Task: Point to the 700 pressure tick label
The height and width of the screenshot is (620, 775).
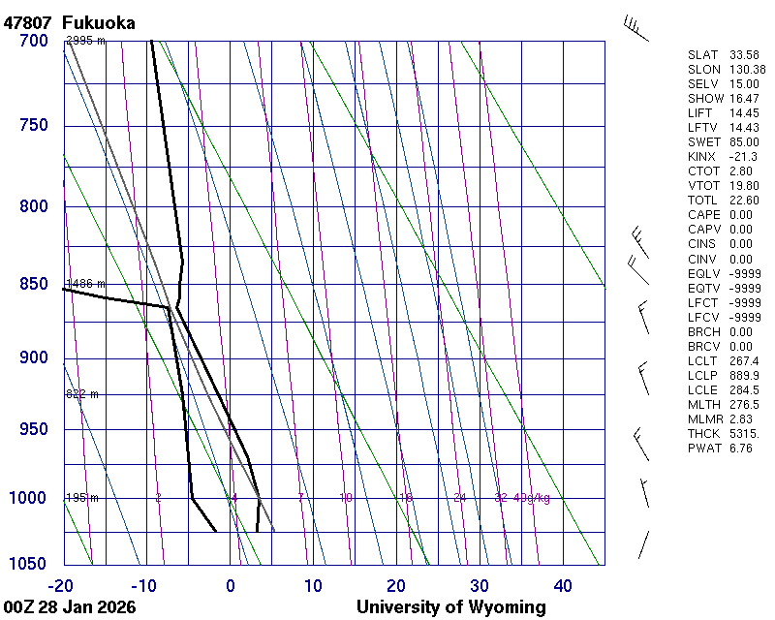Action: coord(33,41)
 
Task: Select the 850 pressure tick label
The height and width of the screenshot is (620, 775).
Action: coord(33,284)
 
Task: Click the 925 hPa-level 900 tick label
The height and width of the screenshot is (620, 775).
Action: coord(33,357)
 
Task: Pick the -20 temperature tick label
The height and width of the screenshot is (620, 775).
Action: coord(61,585)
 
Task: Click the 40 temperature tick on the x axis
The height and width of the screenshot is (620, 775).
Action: coord(563,585)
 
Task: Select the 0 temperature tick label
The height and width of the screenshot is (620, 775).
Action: coord(231,585)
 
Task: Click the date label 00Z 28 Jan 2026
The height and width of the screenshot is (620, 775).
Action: coord(70,607)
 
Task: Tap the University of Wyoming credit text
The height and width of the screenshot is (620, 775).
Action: coord(450,607)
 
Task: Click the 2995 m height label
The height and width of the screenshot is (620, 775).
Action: coord(85,41)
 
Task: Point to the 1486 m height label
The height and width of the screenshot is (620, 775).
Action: coord(85,284)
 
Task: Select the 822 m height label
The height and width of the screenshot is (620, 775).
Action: coord(82,394)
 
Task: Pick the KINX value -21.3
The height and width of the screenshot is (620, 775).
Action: coord(743,156)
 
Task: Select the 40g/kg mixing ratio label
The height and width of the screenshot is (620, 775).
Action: coord(532,498)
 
